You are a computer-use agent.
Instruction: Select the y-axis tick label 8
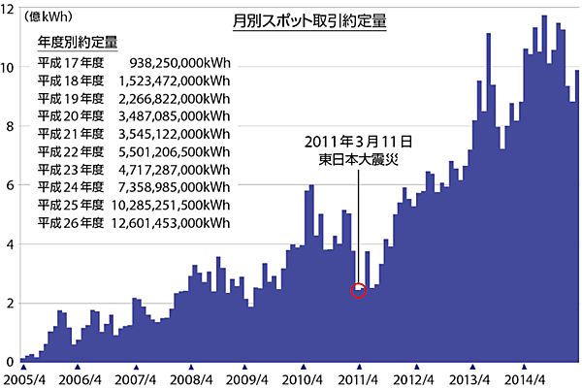10,126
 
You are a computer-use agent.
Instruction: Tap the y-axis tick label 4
10,244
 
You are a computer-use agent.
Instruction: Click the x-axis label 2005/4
23,379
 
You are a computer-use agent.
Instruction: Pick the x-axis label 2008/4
192,379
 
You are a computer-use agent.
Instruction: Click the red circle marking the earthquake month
359,290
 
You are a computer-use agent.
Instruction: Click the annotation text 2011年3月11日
358,142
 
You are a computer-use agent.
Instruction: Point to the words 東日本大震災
359,159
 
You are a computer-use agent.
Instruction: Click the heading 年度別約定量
78,43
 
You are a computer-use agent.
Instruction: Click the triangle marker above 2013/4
472,366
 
